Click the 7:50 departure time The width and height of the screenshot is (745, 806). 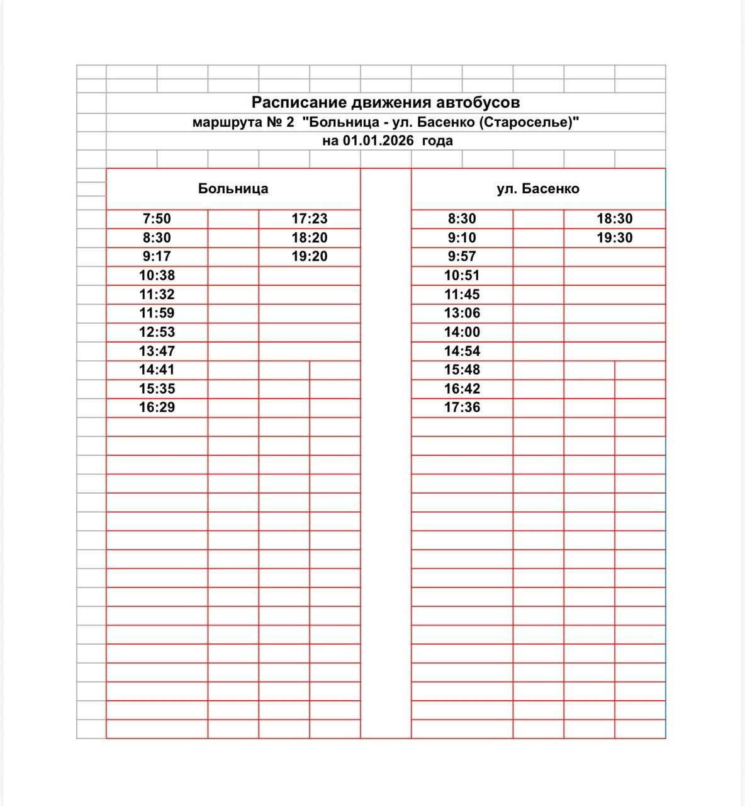click(x=157, y=219)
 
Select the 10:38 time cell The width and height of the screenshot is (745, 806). click(x=157, y=275)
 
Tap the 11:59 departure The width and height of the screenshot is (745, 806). click(x=157, y=313)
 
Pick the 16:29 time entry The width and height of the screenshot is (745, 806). click(x=157, y=407)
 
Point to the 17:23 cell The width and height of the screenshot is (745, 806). click(x=310, y=219)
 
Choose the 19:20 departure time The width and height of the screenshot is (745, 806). click(x=310, y=256)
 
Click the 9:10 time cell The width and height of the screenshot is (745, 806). click(x=462, y=237)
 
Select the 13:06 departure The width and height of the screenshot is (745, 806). click(x=462, y=313)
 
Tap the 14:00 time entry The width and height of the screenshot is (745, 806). click(x=462, y=332)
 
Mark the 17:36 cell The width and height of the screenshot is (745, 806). click(x=462, y=407)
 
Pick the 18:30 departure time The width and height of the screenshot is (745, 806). click(x=615, y=219)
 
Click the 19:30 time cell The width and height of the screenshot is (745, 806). click(x=615, y=237)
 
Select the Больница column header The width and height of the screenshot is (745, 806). click(x=233, y=188)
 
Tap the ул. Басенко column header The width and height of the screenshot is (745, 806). click(x=538, y=188)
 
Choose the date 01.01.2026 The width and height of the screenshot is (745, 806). click(x=378, y=140)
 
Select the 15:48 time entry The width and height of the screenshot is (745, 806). click(x=462, y=370)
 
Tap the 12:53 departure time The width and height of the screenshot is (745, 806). click(x=157, y=332)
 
